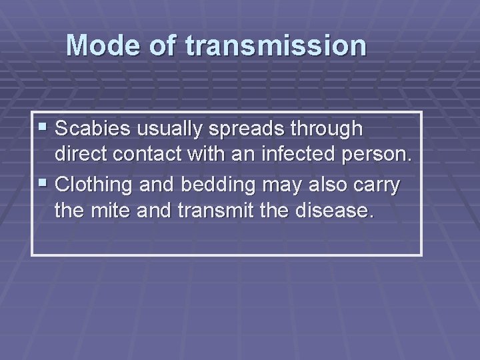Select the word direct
click(x=83, y=155)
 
